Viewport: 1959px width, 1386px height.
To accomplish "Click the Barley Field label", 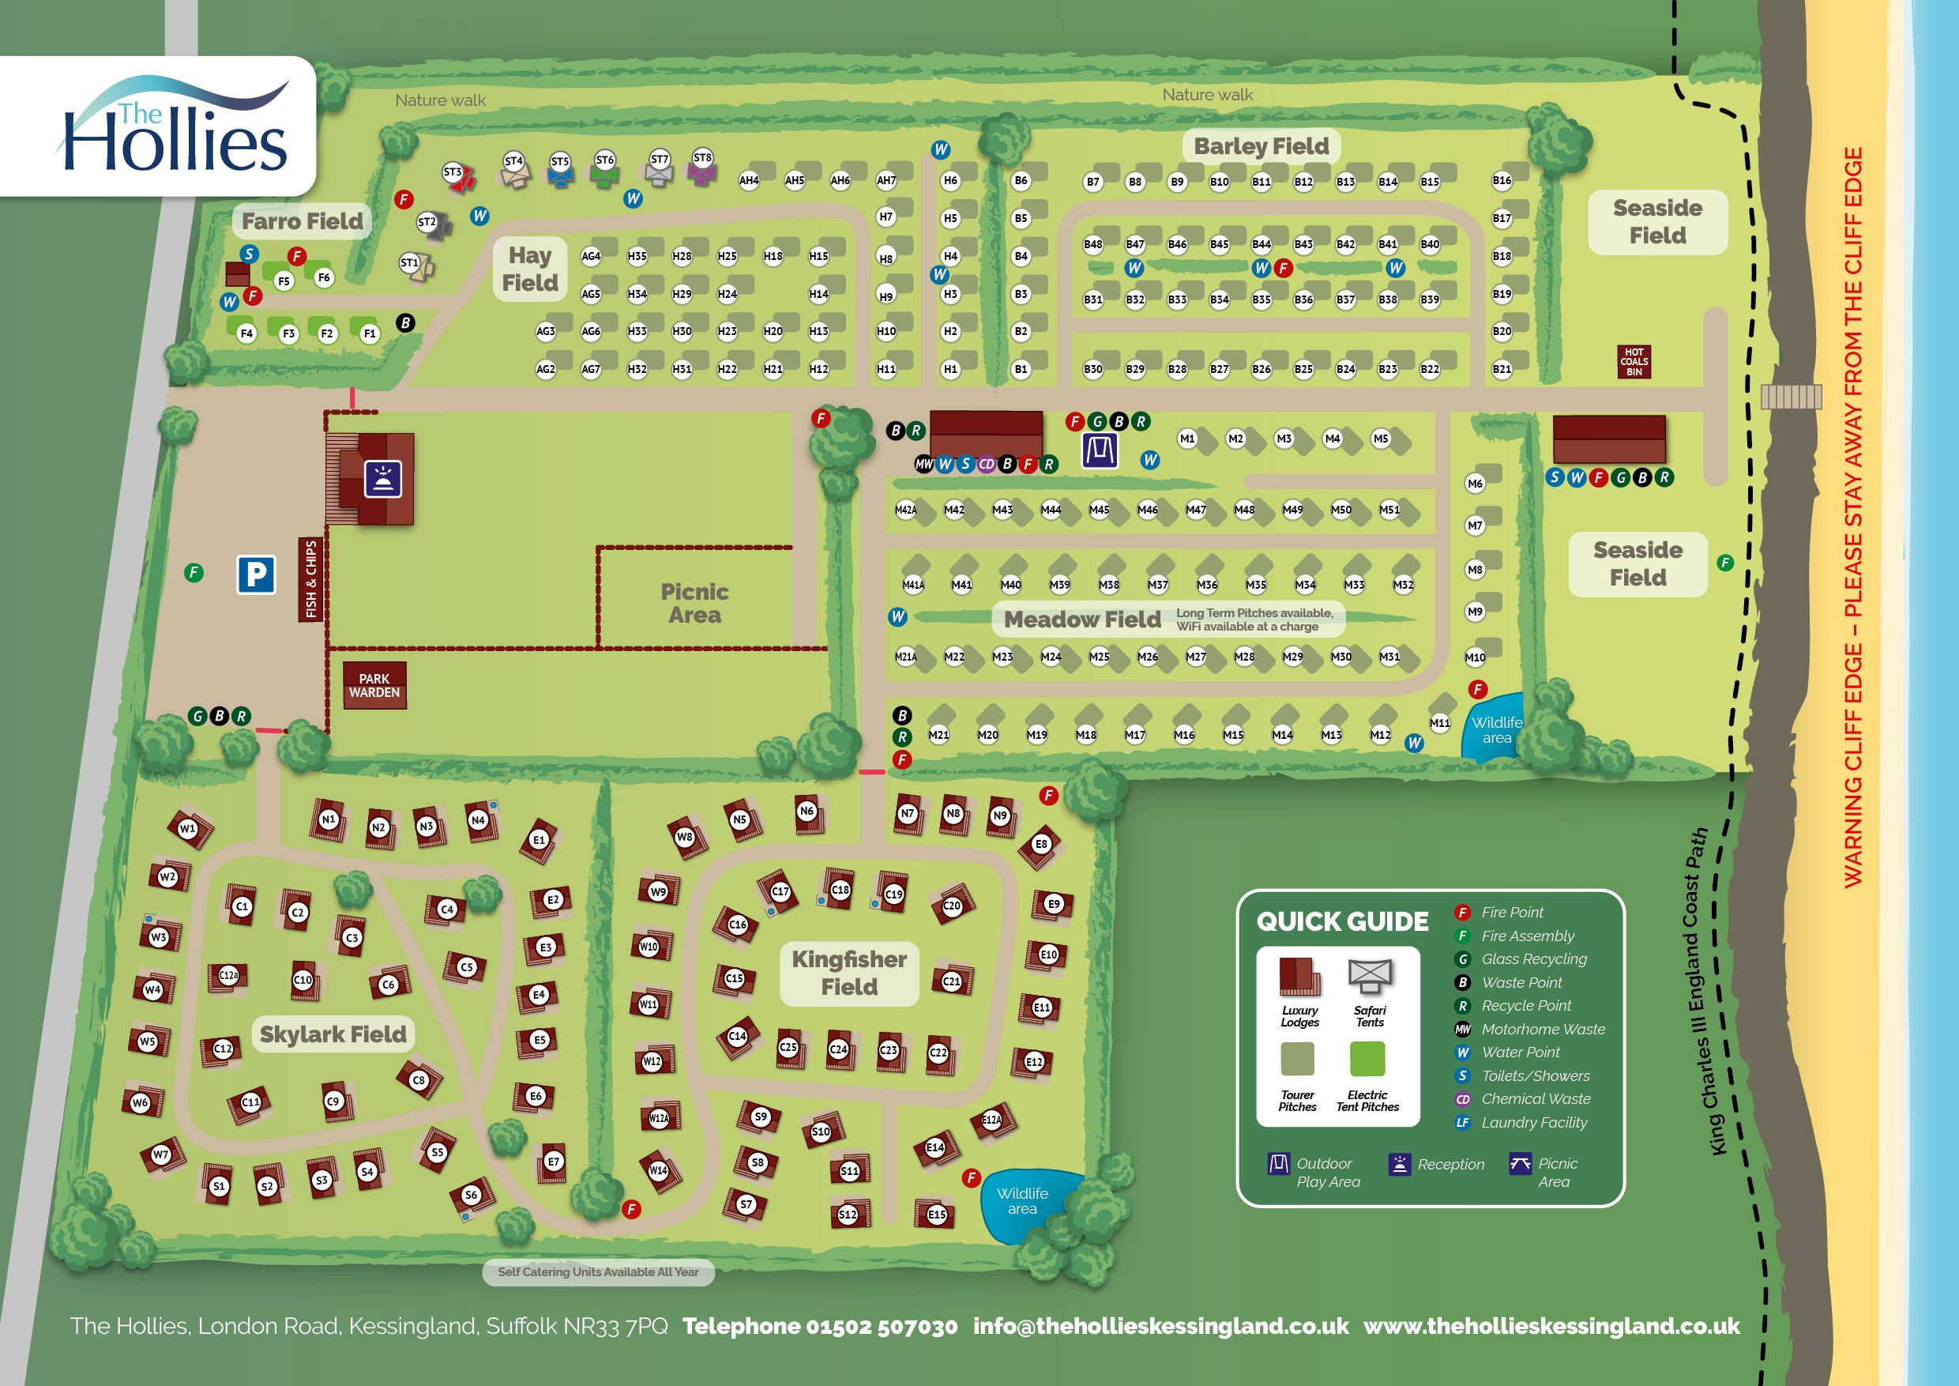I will click(1260, 146).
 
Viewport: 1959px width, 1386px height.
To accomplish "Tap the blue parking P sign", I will click(256, 574).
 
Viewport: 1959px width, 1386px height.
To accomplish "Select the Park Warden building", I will click(374, 685).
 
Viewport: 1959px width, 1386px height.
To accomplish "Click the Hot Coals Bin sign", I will click(1633, 362).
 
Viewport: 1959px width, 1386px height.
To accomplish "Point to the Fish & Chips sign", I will click(310, 579).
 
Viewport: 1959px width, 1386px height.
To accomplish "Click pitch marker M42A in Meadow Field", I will click(905, 510).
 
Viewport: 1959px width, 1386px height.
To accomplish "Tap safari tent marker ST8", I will click(702, 158).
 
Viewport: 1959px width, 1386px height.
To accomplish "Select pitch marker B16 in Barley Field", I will click(1502, 180).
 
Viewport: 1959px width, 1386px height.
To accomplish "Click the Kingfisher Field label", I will click(849, 973).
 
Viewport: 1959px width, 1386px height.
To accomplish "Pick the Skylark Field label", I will click(333, 1034).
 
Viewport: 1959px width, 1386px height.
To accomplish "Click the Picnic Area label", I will click(694, 604).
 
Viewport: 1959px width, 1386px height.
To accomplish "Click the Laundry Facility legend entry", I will click(1533, 1122).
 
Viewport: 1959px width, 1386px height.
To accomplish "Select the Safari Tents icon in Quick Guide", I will click(1370, 977).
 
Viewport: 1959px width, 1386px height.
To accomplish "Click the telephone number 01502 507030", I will click(820, 1325).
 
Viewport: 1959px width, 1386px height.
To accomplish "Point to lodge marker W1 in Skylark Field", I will click(188, 828).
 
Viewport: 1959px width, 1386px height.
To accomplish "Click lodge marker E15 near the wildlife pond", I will click(936, 1214).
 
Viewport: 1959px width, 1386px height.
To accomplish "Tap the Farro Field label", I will click(302, 221).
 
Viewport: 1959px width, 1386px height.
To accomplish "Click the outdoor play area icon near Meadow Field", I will click(1099, 450).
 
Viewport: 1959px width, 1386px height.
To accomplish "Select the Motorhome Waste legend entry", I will click(1542, 1030).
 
